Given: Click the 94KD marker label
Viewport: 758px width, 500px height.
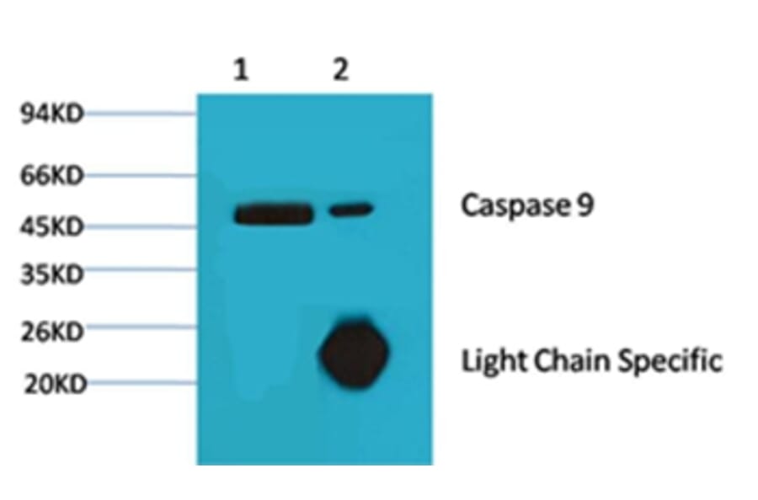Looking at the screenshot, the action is point(51,114).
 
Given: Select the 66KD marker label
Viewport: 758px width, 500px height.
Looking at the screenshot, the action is point(51,176).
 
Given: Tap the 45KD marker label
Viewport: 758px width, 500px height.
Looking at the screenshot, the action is point(51,226).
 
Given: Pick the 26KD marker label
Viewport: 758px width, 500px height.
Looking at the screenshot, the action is point(51,330).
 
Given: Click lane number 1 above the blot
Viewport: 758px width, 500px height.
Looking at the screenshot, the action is point(242,70).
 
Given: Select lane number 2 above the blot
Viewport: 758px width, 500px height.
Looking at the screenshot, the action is point(340,70).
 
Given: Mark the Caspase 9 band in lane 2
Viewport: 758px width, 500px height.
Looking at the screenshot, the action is point(350,209).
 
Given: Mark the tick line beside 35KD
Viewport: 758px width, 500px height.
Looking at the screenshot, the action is point(141,270).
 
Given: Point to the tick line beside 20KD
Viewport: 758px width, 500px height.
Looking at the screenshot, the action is point(141,383).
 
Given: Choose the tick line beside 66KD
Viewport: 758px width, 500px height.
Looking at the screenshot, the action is point(141,175).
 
